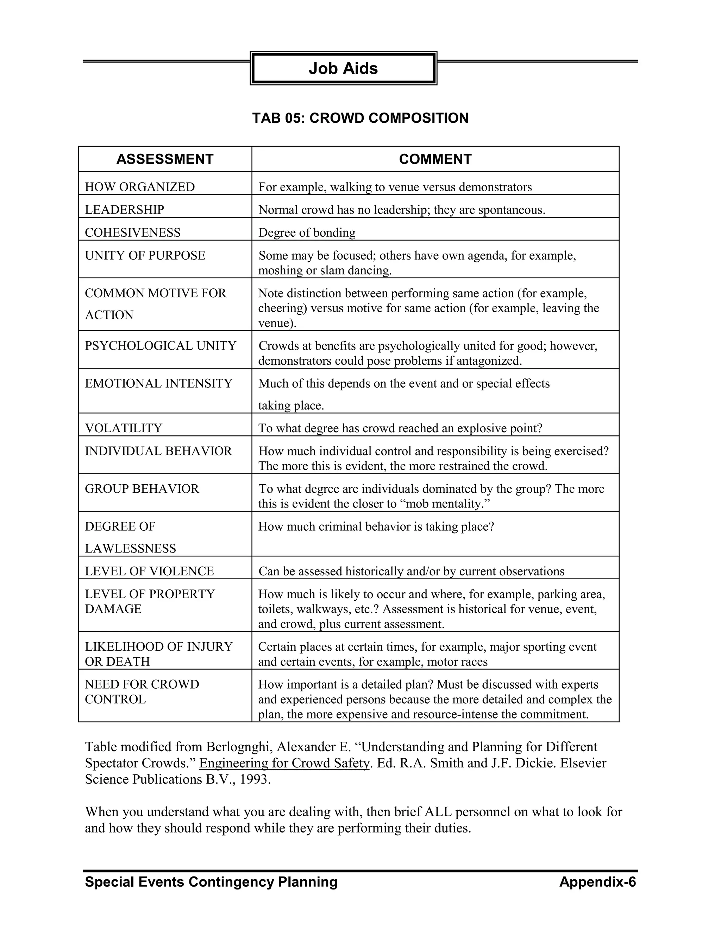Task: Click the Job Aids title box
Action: point(343,68)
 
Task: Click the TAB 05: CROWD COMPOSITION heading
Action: point(360,118)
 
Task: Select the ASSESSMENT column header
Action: point(165,159)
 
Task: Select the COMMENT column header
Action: point(435,159)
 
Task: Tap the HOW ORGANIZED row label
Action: point(140,187)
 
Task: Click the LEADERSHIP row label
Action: point(124,210)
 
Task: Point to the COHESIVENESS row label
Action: point(132,232)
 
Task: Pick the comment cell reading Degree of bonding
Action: point(307,232)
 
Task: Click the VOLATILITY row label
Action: point(124,428)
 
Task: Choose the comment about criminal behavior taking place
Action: point(376,526)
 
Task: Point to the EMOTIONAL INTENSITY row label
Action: point(158,383)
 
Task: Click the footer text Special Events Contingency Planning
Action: point(211,882)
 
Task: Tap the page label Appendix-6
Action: point(597,882)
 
